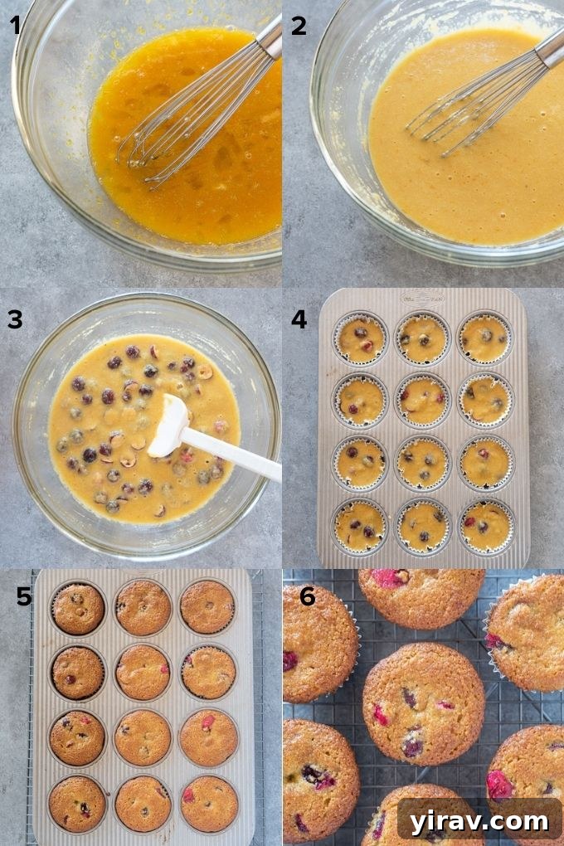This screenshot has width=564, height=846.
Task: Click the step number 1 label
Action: [16, 26]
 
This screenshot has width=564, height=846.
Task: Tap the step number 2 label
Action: [299, 26]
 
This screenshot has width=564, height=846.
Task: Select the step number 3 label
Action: [16, 319]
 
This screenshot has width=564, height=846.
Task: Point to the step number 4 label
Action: [299, 319]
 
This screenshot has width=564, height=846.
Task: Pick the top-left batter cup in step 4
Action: [361, 338]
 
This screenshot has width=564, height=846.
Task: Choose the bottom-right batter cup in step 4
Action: [486, 526]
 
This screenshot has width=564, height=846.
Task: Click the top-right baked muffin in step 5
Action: [207, 607]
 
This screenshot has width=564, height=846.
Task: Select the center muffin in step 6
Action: [423, 704]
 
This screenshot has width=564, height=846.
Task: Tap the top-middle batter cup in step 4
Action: [422, 338]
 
